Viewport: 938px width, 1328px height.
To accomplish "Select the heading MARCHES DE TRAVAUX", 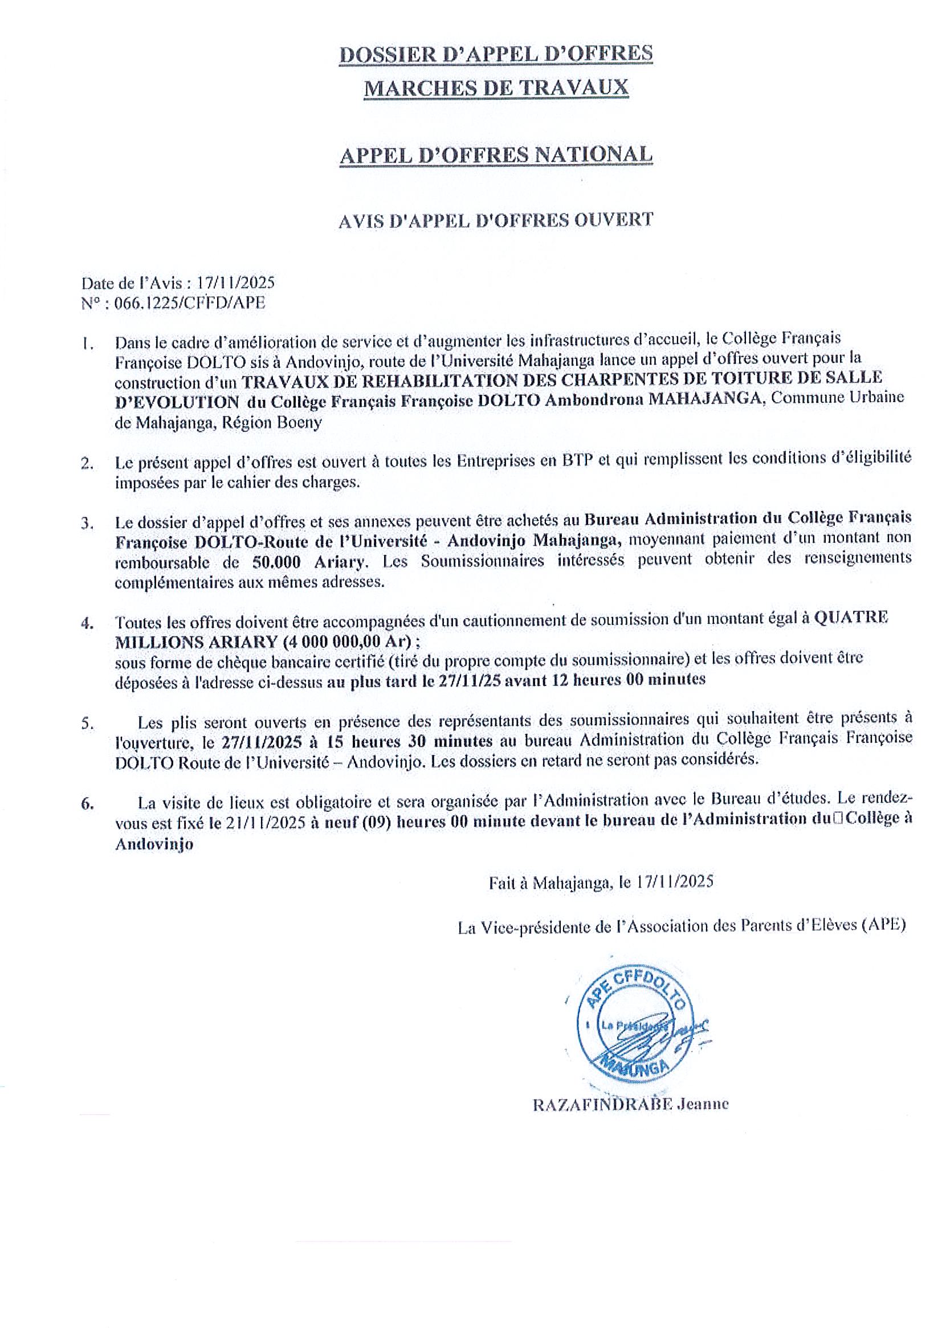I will (496, 87).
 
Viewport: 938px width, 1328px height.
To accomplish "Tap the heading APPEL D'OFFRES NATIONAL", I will (496, 154).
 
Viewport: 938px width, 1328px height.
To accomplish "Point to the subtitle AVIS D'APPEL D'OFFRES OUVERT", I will (496, 220).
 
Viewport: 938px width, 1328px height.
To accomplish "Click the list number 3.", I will (88, 524).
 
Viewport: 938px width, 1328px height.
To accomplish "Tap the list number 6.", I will (87, 804).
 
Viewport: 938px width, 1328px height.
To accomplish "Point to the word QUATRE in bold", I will (851, 618).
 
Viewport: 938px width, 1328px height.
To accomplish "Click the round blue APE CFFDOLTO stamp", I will (634, 1030).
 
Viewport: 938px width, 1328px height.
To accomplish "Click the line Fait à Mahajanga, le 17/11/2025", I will (601, 882).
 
